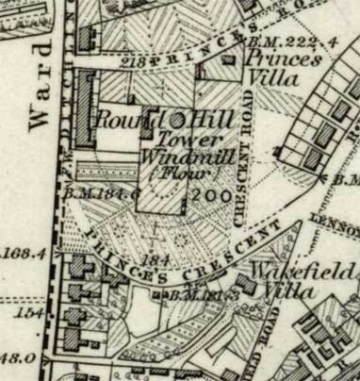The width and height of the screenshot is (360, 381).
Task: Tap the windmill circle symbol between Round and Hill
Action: pyautogui.click(x=177, y=120)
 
